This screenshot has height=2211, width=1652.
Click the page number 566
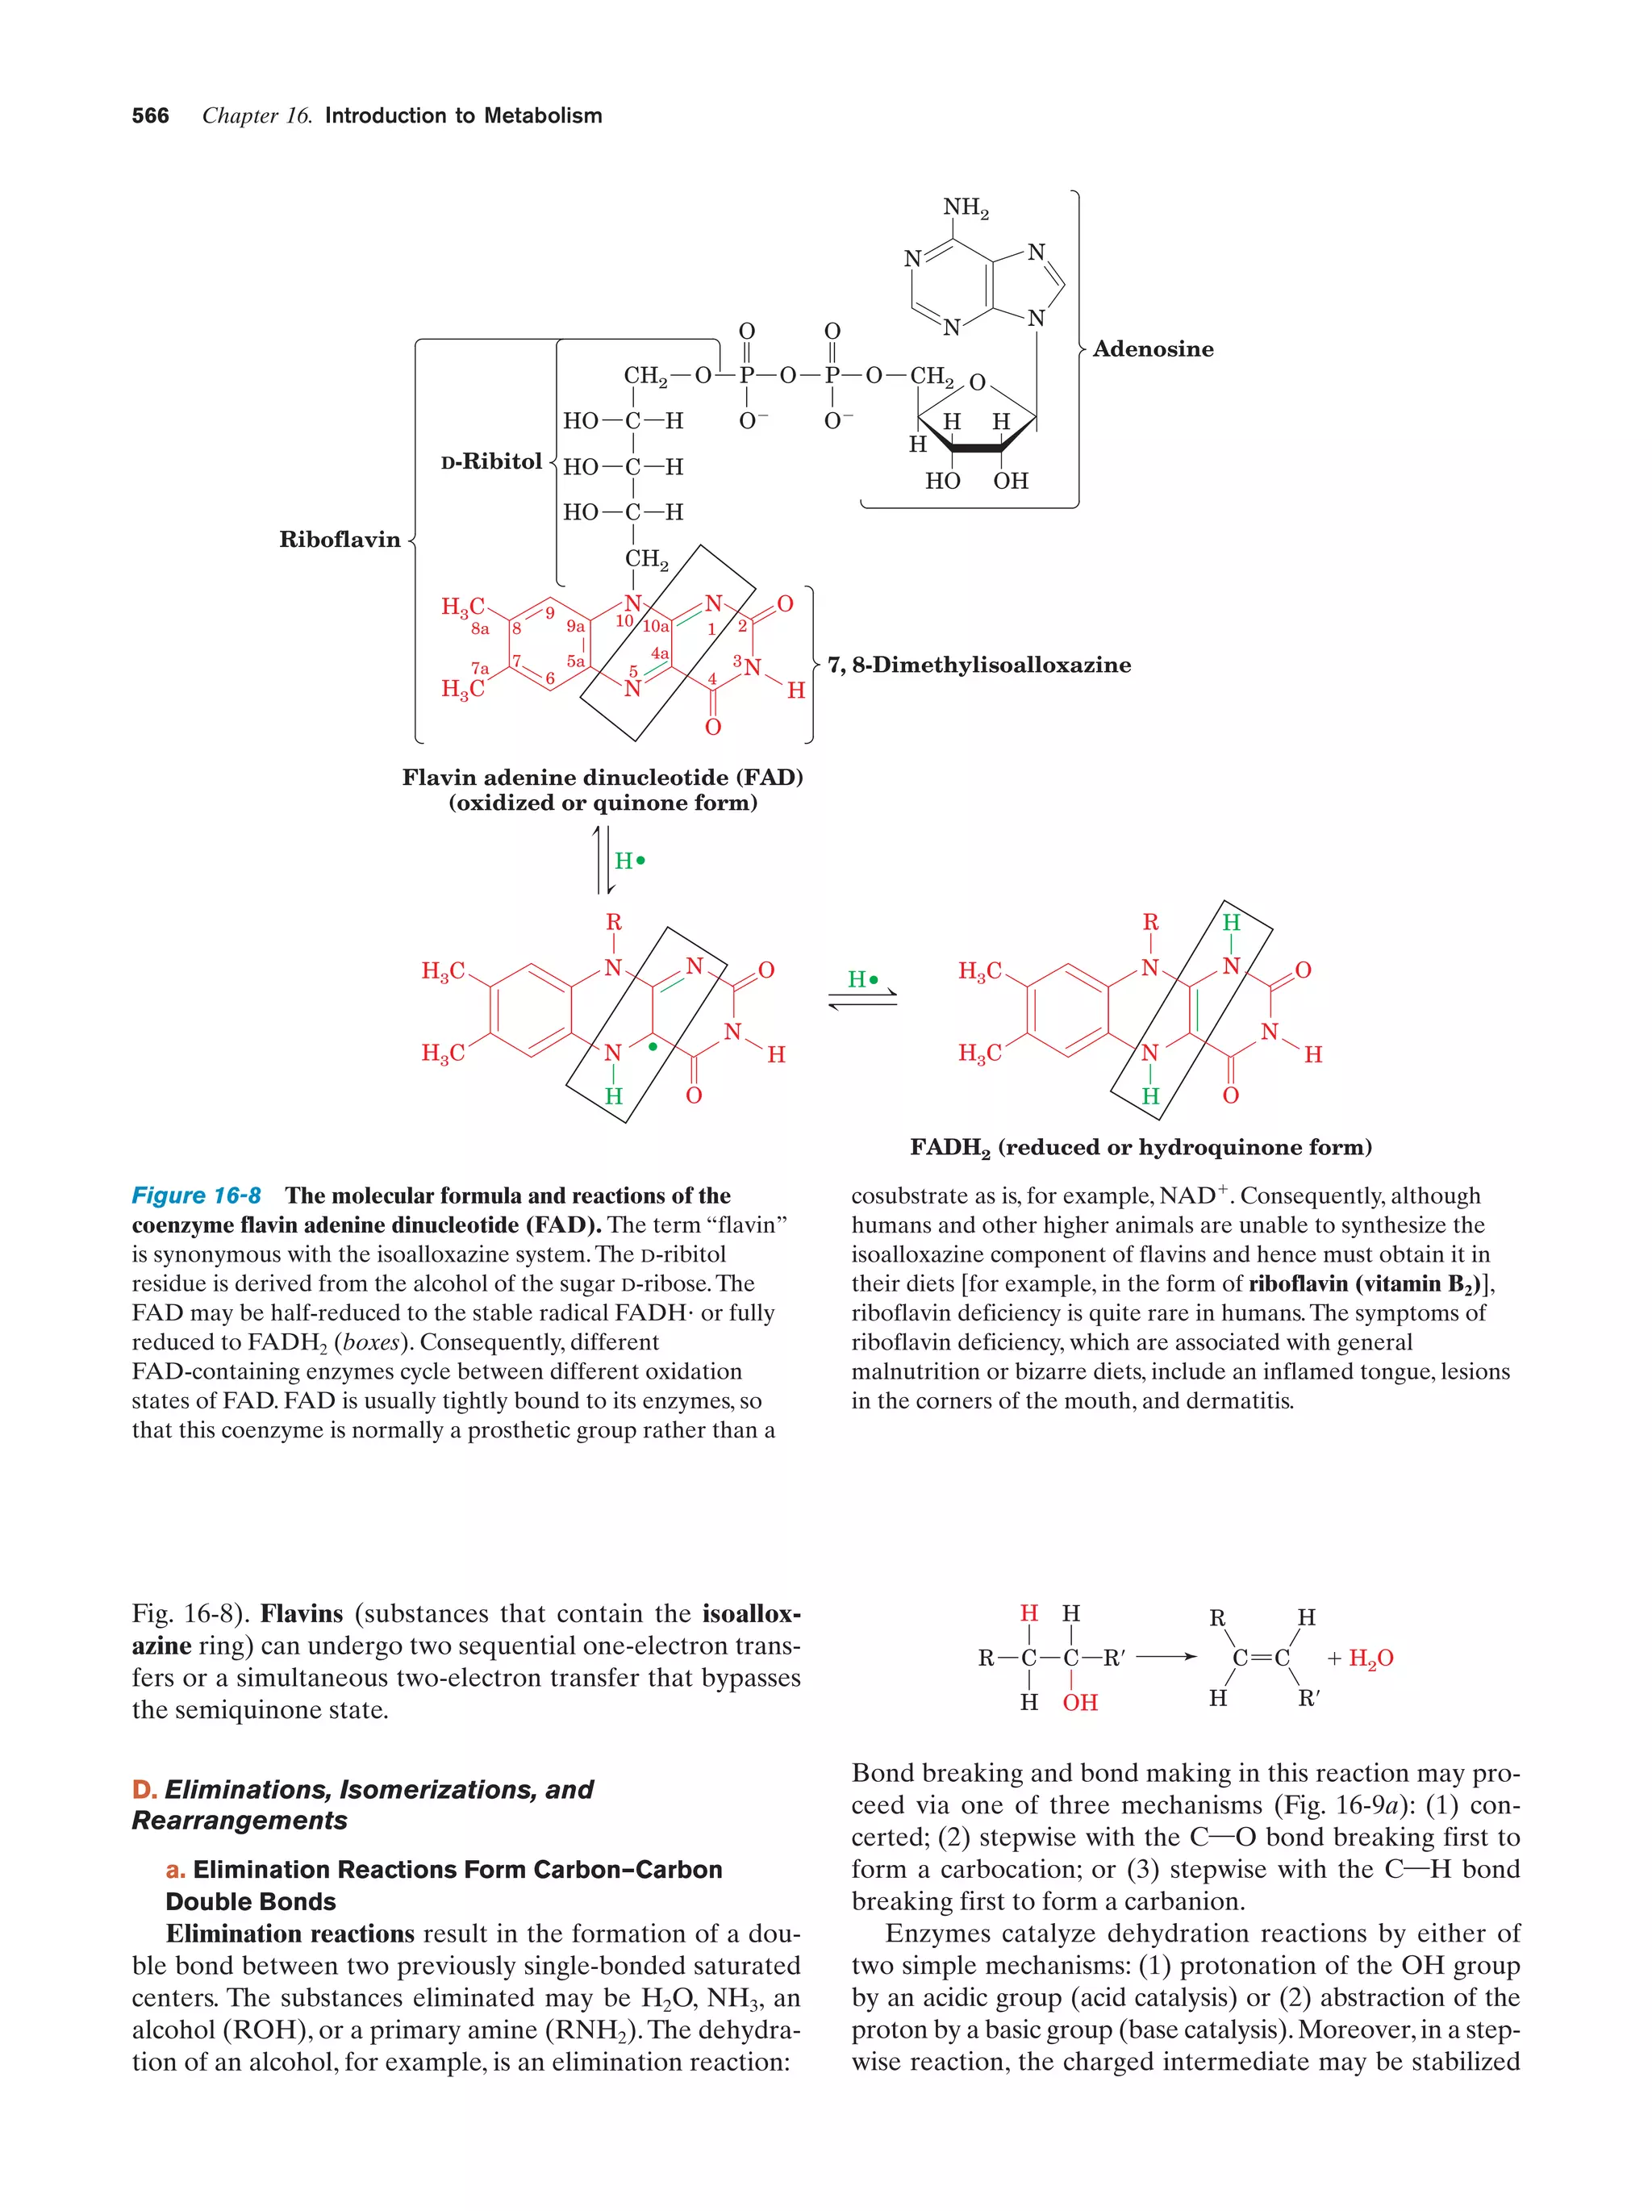[x=150, y=116]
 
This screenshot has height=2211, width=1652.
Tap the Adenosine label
[x=1153, y=348]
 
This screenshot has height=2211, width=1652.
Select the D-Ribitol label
[x=490, y=461]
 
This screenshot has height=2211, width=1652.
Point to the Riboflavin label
[x=340, y=540]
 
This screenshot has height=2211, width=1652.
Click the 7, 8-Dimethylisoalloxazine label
[x=978, y=665]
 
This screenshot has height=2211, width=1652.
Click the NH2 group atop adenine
[x=966, y=208]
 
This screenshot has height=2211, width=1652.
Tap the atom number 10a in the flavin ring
[x=656, y=627]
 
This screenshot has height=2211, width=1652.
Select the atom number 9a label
[x=576, y=627]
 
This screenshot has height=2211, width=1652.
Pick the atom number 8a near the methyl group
[x=481, y=628]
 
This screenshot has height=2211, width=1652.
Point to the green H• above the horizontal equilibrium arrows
[x=862, y=979]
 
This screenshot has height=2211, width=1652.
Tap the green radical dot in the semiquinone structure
[x=653, y=1046]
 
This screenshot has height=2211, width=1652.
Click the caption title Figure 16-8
[x=196, y=1195]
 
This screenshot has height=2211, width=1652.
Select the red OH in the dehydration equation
[x=1079, y=1702]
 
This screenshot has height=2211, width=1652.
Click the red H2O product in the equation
[x=1370, y=1658]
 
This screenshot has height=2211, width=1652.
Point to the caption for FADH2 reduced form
[x=1141, y=1148]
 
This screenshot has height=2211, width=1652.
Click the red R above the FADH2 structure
[x=1150, y=923]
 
